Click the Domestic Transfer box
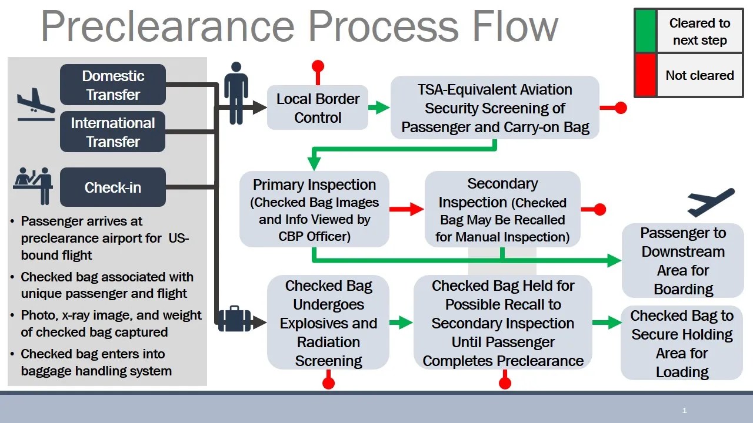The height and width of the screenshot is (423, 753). [113, 85]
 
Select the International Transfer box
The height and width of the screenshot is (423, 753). [113, 132]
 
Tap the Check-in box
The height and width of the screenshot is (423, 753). [113, 187]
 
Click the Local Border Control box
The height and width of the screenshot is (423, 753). [318, 108]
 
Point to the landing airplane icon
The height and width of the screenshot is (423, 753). [35, 104]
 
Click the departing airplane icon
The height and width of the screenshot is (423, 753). [711, 202]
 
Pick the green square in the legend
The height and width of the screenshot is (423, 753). [645, 31]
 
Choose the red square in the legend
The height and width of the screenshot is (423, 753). [645, 75]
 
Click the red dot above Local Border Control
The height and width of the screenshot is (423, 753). [318, 66]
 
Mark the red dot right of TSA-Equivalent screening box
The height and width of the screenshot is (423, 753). [620, 108]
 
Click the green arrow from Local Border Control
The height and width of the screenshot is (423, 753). [379, 108]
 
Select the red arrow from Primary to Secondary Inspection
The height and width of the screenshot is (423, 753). [407, 209]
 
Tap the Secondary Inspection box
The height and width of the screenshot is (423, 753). [502, 210]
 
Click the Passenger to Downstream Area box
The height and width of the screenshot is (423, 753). [682, 260]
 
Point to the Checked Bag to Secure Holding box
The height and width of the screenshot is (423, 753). [682, 343]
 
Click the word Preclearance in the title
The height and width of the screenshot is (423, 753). [167, 26]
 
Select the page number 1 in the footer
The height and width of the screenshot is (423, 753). [684, 411]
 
